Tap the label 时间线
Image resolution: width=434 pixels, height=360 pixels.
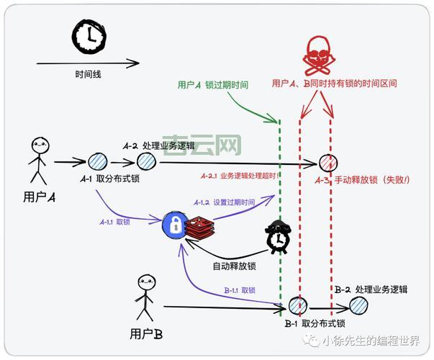point(88,74)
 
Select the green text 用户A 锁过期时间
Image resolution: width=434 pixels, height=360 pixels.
point(212,85)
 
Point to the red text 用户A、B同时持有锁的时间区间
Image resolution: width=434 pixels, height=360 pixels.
point(334,84)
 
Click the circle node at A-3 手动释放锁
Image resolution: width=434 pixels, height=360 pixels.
point(327,163)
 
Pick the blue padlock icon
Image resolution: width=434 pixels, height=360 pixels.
point(174,226)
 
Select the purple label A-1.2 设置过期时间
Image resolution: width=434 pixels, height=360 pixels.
point(224,203)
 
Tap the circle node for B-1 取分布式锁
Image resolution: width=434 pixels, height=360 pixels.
point(296,306)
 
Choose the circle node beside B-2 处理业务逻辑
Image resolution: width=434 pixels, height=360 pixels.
point(359,305)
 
